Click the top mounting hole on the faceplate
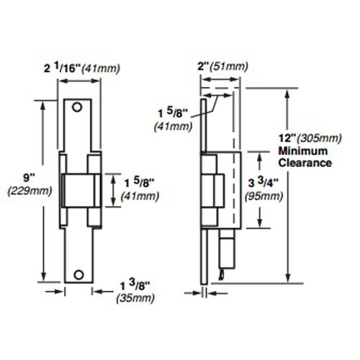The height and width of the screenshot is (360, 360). [x=80, y=109]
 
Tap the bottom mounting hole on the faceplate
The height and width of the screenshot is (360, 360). [x=80, y=274]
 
